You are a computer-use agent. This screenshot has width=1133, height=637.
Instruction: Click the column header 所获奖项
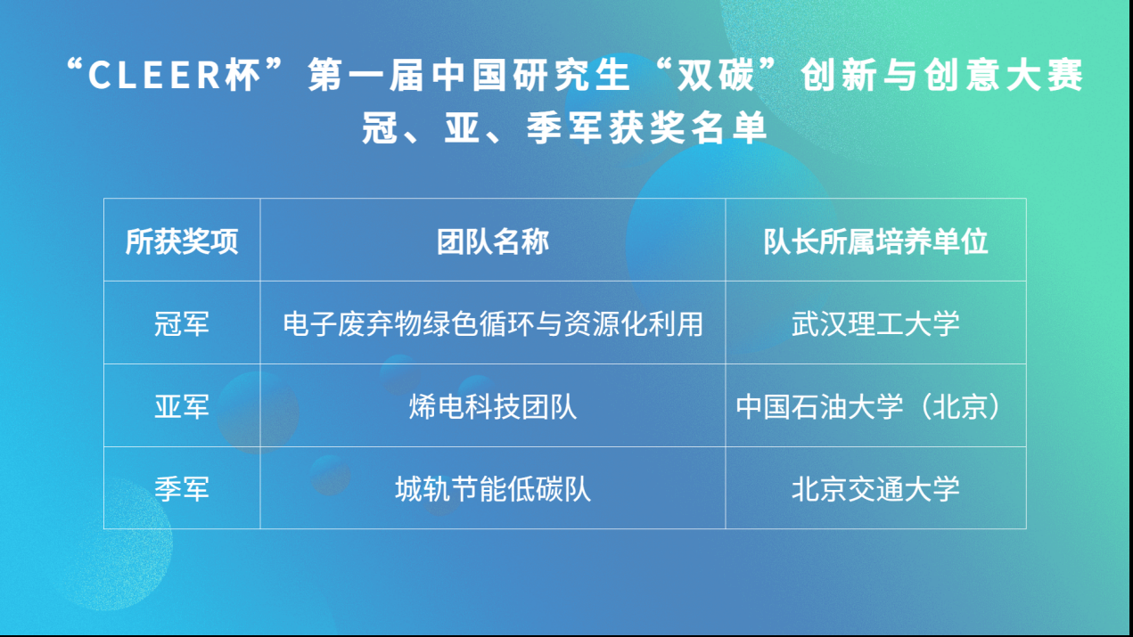pos(182,241)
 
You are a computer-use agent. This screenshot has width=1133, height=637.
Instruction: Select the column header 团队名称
pos(493,241)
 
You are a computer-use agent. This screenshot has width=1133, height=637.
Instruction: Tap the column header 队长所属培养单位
pos(875,241)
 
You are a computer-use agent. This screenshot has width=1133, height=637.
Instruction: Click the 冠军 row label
pos(182,324)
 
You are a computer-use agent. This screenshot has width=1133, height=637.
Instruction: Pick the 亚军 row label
pos(182,406)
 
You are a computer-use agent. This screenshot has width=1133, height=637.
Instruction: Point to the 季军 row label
pos(182,489)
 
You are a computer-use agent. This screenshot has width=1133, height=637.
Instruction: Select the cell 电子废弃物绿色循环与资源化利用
pos(493,324)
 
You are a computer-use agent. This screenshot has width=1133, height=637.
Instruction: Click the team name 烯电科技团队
pos(493,406)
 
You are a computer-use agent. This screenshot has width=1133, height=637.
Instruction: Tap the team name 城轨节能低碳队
pos(493,489)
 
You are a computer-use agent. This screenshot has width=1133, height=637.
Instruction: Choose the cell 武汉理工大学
pos(875,324)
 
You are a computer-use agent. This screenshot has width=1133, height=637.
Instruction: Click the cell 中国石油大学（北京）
pos(869,406)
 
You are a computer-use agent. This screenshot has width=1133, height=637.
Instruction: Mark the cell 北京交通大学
pos(875,489)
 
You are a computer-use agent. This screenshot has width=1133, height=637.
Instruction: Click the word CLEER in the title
pos(154,75)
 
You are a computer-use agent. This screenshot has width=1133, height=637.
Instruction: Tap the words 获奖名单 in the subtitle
pos(688,127)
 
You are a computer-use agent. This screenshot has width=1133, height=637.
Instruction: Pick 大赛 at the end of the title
pos(1045,74)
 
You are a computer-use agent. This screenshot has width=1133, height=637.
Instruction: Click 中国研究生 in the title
pos(530,74)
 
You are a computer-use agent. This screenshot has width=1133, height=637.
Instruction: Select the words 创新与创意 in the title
pos(899,74)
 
